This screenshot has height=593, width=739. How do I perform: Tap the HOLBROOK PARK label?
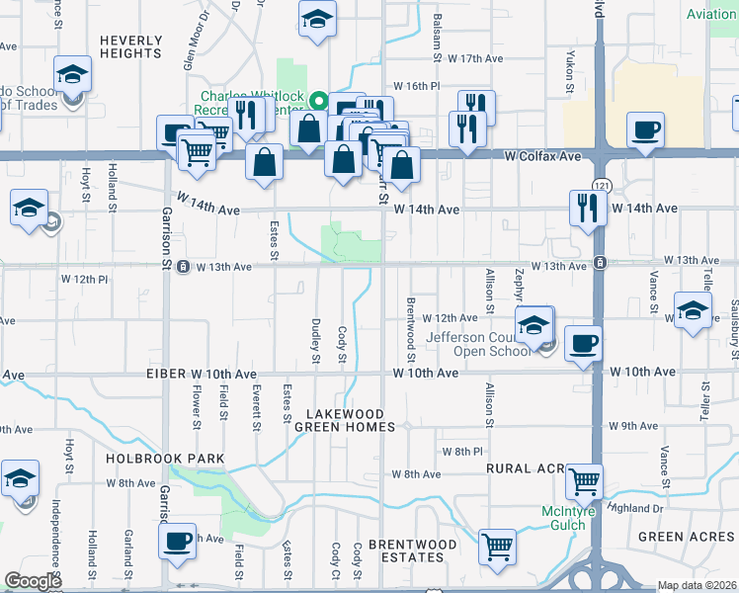[168, 460]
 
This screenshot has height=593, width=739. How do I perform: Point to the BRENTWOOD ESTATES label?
[412, 551]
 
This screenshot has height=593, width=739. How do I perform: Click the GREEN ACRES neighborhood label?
[686, 537]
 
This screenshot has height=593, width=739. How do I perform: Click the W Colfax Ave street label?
[542, 156]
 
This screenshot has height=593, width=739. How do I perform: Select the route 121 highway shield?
[600, 186]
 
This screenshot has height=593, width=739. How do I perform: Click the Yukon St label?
[570, 73]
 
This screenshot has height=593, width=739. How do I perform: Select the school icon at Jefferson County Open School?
[534, 324]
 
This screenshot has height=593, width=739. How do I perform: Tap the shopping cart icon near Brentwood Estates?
[497, 546]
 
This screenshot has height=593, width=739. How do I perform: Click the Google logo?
[33, 580]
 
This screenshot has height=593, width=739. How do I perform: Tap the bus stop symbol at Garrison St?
[183, 267]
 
